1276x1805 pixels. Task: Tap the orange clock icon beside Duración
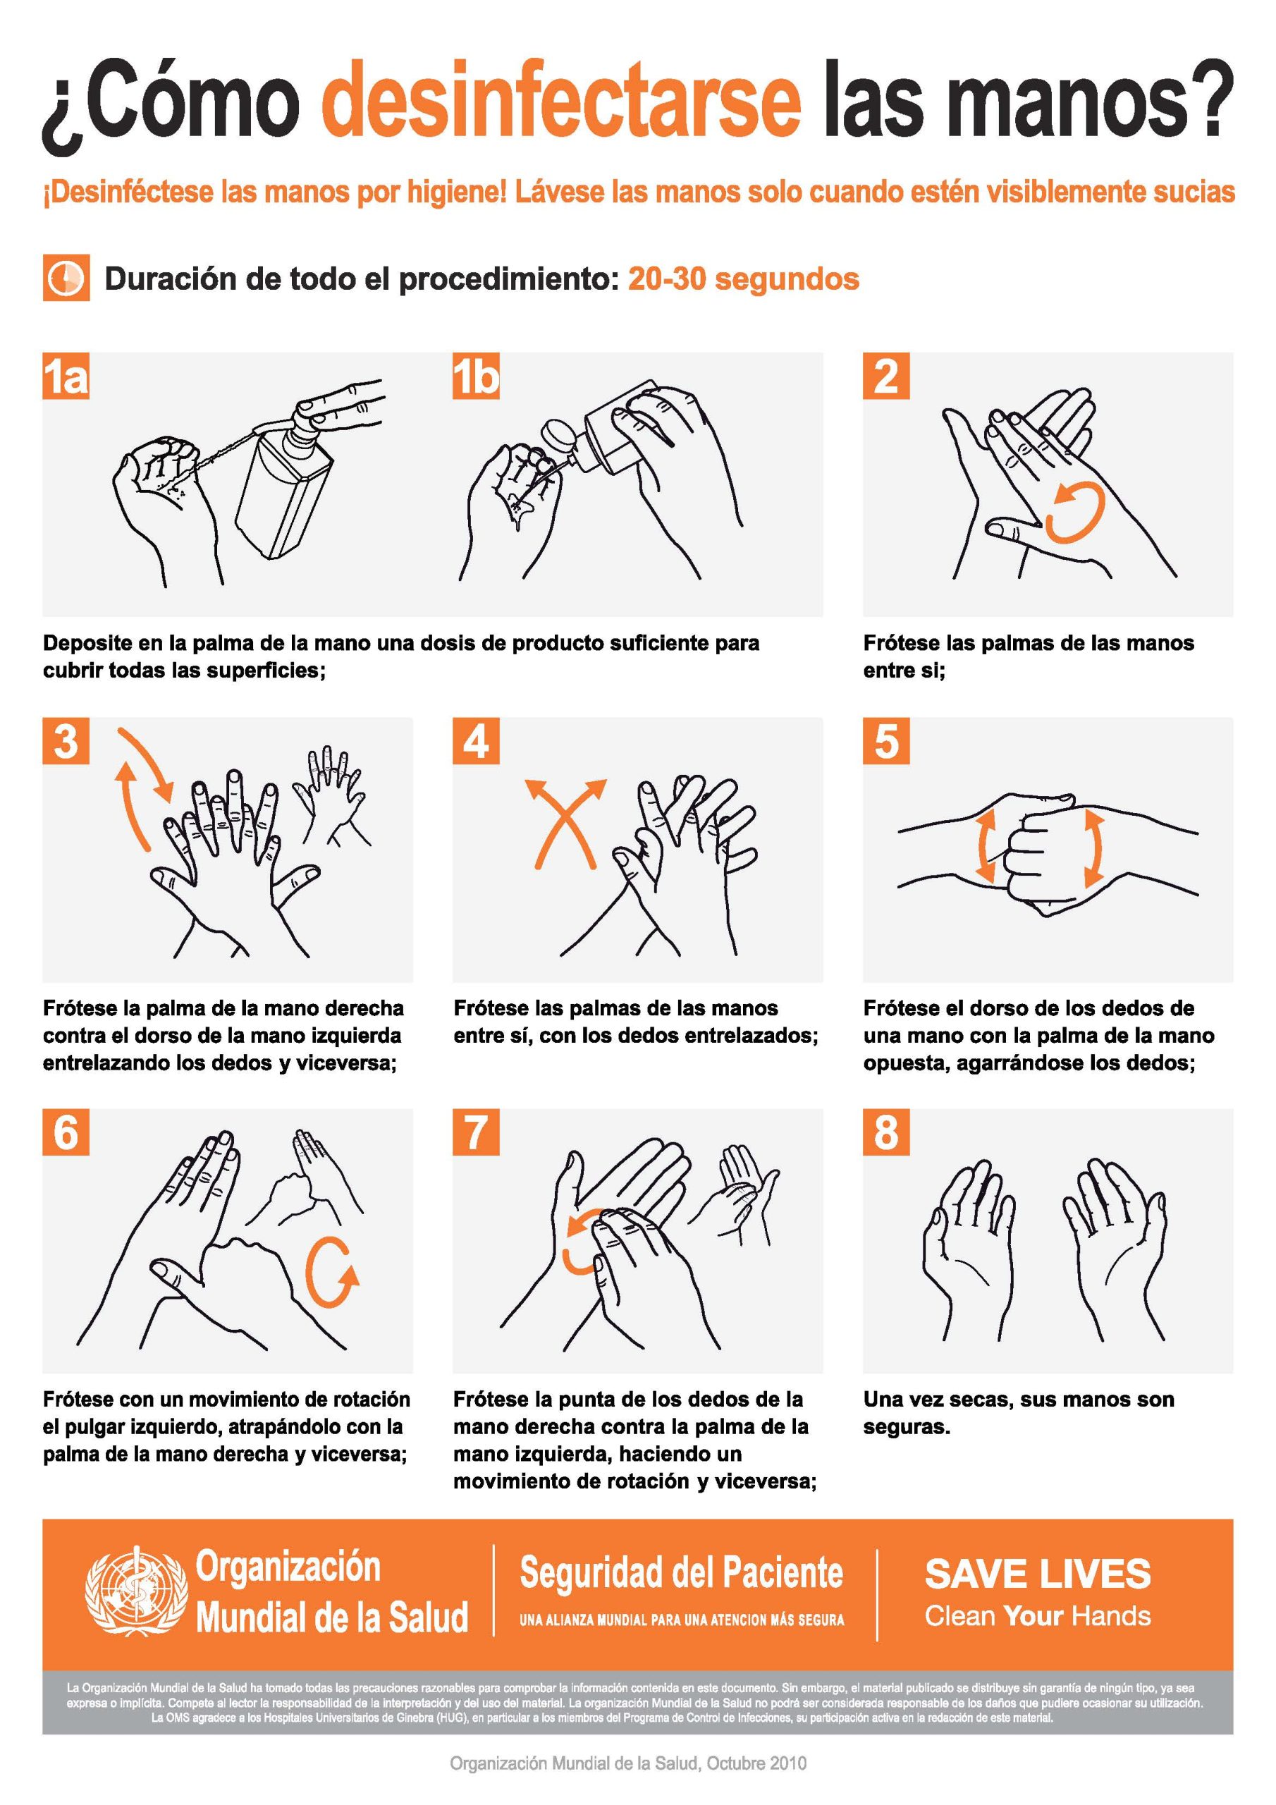(66, 278)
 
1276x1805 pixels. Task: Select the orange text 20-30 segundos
(743, 279)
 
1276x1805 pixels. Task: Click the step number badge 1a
(66, 376)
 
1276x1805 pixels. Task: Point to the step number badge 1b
(477, 376)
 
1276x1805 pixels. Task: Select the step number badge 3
(66, 740)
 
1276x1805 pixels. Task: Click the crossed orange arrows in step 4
(566, 822)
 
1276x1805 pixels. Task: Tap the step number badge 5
(886, 740)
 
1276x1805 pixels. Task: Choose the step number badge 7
(477, 1132)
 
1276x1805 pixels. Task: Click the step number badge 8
(886, 1132)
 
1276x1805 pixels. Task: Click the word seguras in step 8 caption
(907, 1427)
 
